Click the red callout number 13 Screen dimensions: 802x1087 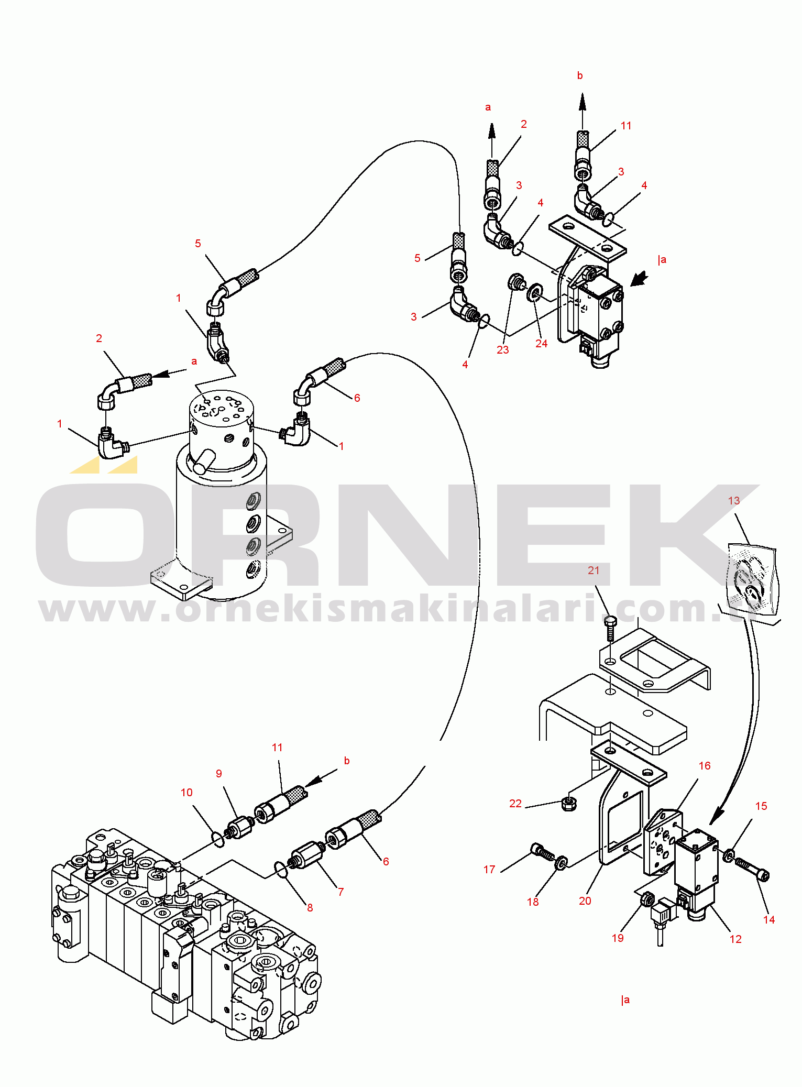point(733,501)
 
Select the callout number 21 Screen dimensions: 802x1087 point(593,570)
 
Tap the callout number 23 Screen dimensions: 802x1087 point(502,350)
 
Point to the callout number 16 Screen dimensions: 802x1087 point(705,766)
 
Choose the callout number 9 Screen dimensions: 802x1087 point(219,774)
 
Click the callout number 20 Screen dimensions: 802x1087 point(585,901)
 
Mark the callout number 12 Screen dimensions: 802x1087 point(735,939)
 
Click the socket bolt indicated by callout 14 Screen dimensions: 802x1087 point(752,869)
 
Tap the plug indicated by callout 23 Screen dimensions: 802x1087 point(517,282)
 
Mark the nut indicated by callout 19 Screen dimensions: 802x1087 point(647,899)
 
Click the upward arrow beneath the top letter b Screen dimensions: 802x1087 point(582,112)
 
